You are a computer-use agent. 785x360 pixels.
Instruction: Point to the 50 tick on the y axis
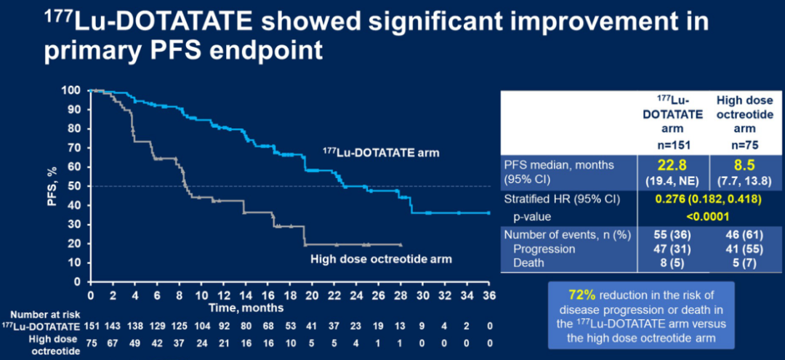75,186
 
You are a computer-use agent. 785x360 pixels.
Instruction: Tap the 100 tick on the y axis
72,90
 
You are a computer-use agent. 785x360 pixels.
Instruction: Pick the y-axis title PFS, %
52,186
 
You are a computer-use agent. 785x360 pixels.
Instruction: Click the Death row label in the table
528,263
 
